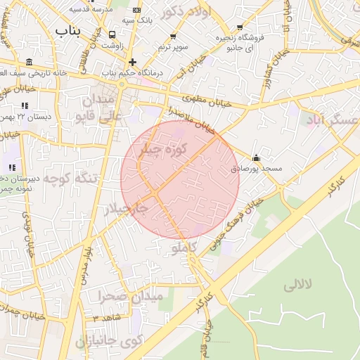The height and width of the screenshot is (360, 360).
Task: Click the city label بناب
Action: (68, 31)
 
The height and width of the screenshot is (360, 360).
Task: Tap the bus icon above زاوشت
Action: (112, 34)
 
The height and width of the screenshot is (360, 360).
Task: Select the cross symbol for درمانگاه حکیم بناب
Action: (132, 62)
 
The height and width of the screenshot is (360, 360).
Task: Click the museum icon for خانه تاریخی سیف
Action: (28, 62)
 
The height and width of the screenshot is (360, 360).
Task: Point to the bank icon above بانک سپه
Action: (136, 11)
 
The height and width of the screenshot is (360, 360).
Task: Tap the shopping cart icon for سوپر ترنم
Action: (174, 37)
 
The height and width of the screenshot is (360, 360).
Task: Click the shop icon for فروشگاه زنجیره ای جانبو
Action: (240, 27)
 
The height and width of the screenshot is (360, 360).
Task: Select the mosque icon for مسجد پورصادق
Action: (256, 158)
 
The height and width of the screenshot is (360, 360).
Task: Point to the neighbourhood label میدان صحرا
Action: (131, 296)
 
